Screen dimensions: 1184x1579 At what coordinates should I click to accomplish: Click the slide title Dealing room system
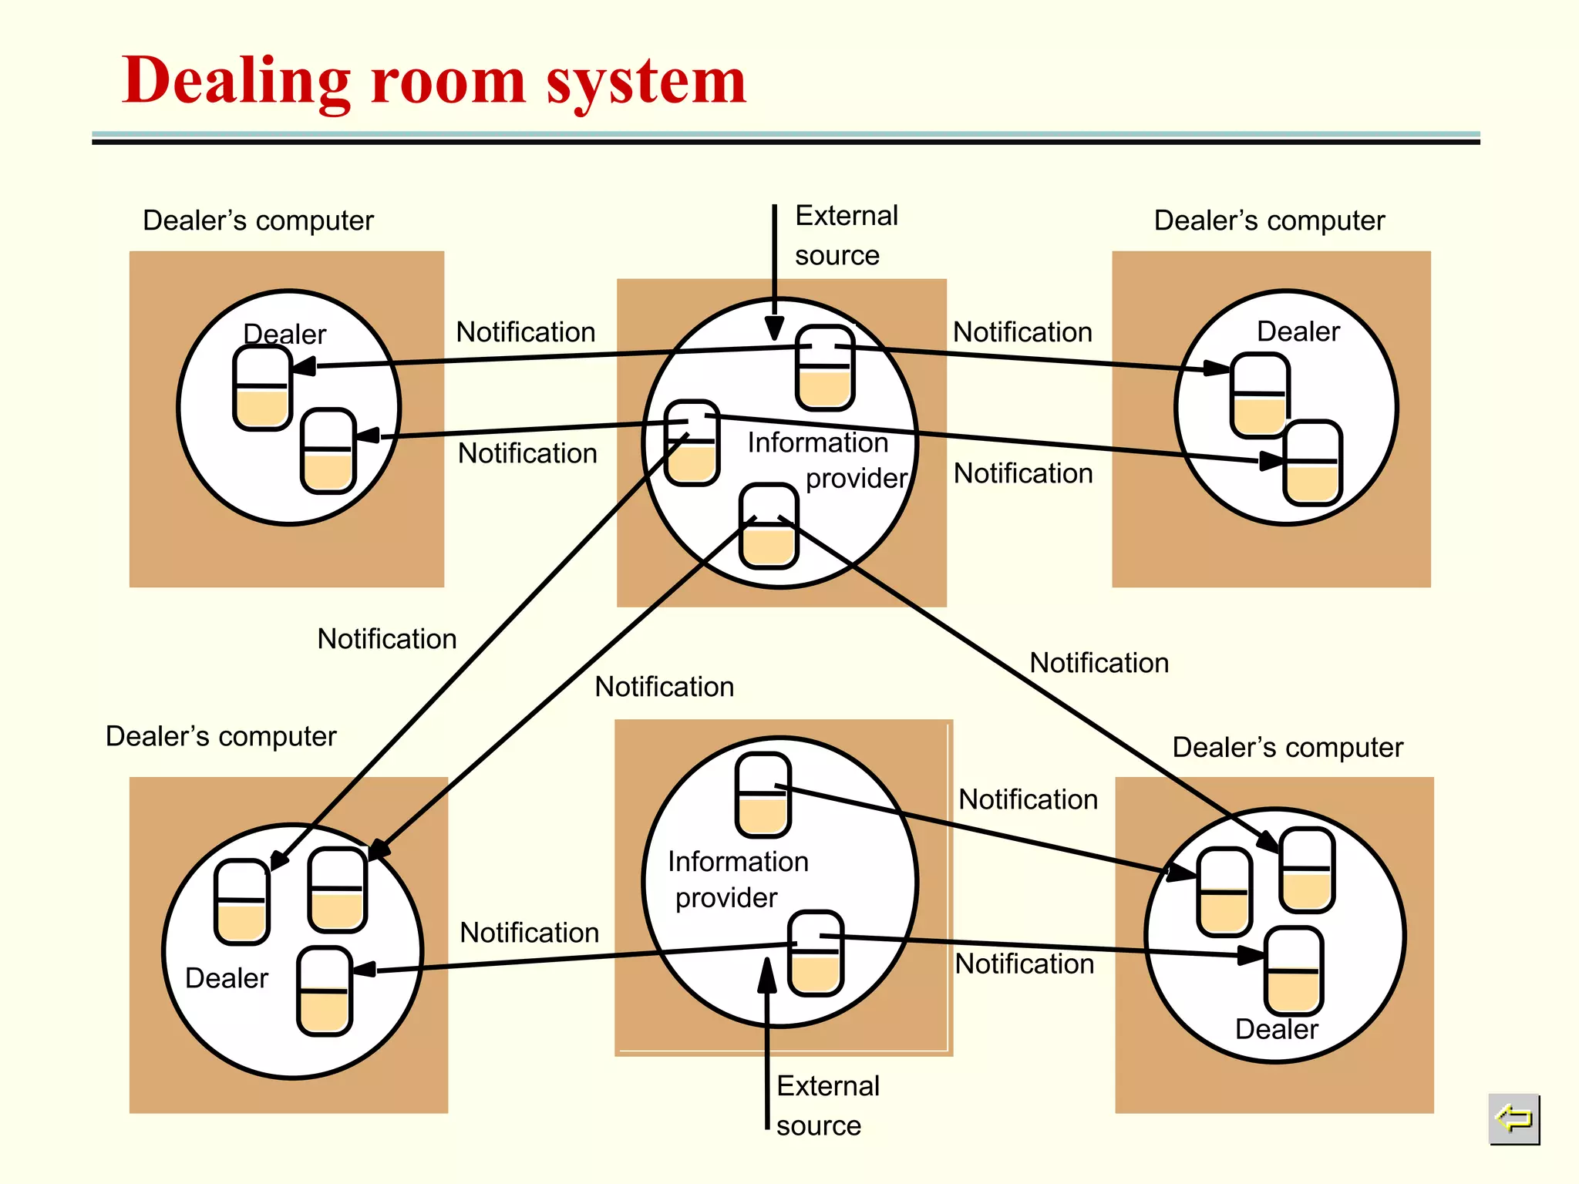coord(434,81)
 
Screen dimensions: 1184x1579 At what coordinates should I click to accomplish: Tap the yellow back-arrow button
coord(1513,1118)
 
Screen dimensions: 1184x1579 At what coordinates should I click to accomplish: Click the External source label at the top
coord(846,235)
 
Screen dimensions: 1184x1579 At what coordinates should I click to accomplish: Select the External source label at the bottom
coord(827,1105)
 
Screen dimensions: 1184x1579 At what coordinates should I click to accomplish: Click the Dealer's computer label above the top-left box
coord(258,220)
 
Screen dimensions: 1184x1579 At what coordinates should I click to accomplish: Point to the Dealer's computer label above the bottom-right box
coord(1288,747)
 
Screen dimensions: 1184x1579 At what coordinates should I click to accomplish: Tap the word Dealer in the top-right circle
coord(1298,331)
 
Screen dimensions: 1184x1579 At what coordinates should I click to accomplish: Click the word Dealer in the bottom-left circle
coord(227,978)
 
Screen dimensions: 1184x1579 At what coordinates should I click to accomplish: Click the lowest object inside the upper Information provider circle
coord(769,526)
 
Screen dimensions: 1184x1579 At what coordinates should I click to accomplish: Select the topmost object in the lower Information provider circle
coord(763,795)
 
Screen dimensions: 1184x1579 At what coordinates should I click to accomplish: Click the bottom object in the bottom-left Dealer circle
coord(325,991)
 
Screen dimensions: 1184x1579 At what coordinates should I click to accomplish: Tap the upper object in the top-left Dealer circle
coord(262,387)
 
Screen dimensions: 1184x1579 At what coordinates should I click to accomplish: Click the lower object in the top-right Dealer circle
coord(1313,462)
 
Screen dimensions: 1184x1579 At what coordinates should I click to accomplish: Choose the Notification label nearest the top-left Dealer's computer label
coord(526,332)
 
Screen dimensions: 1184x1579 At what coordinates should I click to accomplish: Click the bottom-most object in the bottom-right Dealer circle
coord(1294,970)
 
